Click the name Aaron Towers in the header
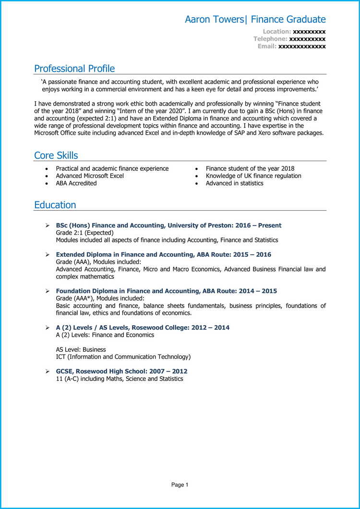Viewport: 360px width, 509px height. click(x=214, y=20)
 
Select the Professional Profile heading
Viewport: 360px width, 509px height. click(x=74, y=69)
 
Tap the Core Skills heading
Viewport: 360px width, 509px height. click(x=56, y=155)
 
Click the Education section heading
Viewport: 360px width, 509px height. click(x=55, y=205)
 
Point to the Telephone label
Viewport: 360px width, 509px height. click(x=270, y=39)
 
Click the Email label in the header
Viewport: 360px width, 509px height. click(x=267, y=46)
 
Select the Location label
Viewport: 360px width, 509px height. click(x=276, y=32)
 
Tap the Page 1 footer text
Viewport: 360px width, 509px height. click(x=180, y=485)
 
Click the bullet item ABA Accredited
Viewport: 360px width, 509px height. click(x=76, y=183)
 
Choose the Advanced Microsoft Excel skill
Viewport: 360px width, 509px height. click(x=90, y=176)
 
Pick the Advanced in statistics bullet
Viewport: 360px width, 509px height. click(x=234, y=183)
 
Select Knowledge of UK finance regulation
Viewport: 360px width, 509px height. click(x=253, y=176)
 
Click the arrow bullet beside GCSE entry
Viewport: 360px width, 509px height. click(x=47, y=372)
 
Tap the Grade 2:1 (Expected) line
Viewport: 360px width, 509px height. click(x=84, y=233)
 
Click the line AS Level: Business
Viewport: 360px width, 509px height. click(x=81, y=350)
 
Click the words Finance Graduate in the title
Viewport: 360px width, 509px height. click(x=288, y=20)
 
